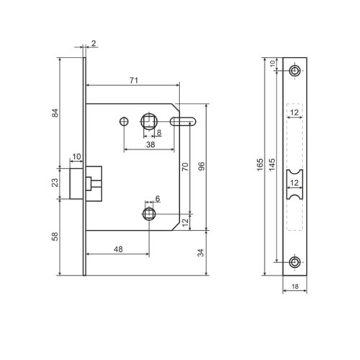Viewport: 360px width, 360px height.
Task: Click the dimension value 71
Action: click(134, 81)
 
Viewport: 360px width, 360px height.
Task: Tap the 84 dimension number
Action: click(55, 113)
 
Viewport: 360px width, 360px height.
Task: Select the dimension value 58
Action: click(55, 236)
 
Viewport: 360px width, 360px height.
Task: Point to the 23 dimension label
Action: click(55, 183)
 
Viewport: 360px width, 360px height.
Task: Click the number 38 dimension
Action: click(150, 145)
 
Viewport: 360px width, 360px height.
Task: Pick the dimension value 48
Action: click(118, 249)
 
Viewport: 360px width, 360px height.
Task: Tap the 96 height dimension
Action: click(202, 166)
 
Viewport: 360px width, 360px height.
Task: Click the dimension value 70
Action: click(185, 167)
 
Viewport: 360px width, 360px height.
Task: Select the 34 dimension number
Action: click(201, 253)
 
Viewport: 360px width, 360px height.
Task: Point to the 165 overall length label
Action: click(260, 165)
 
